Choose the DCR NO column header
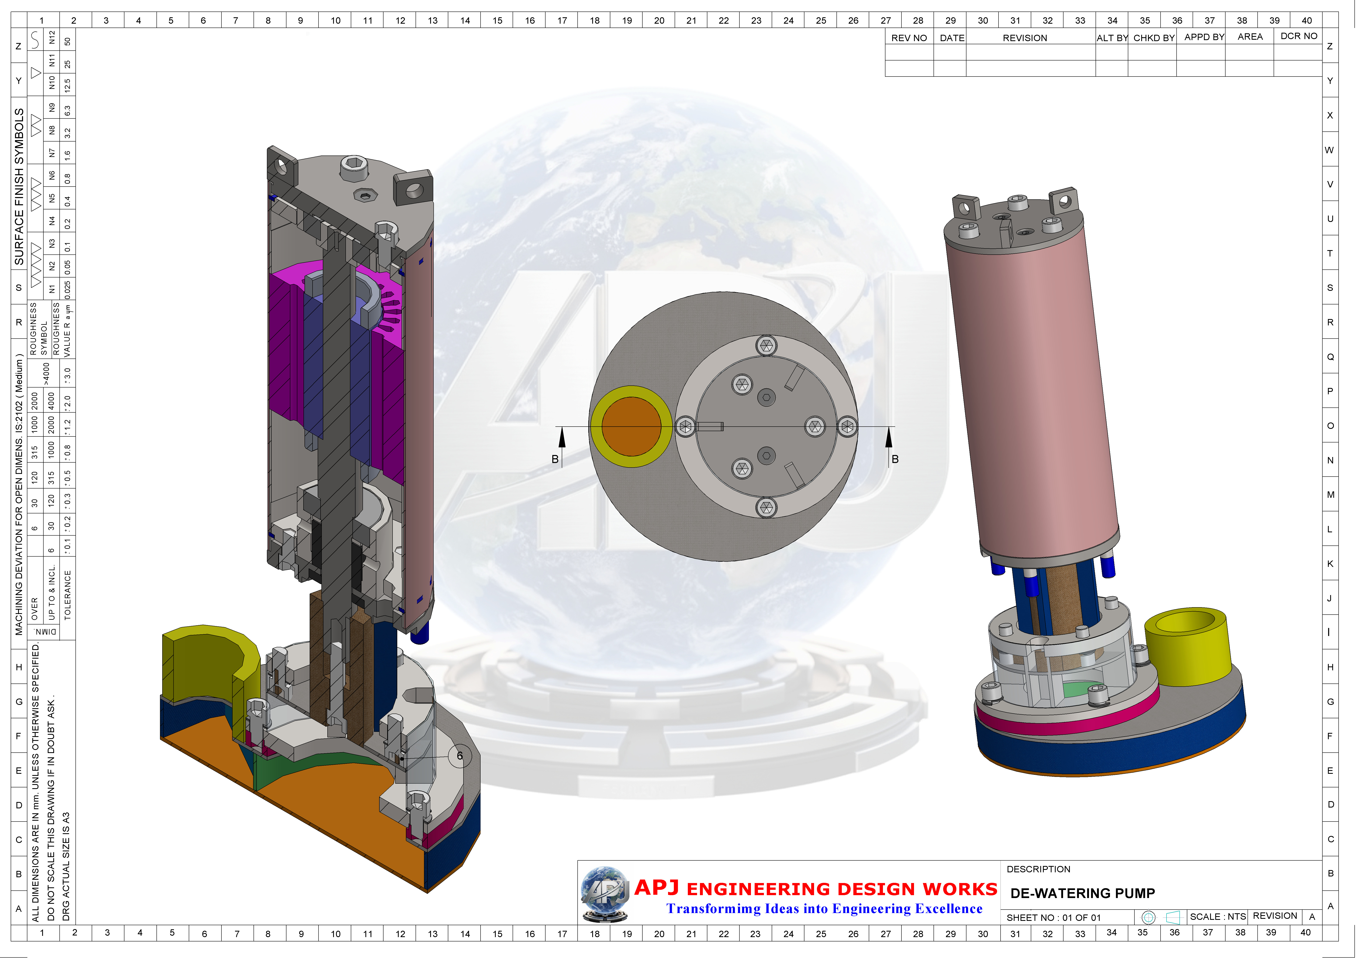tap(1299, 36)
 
